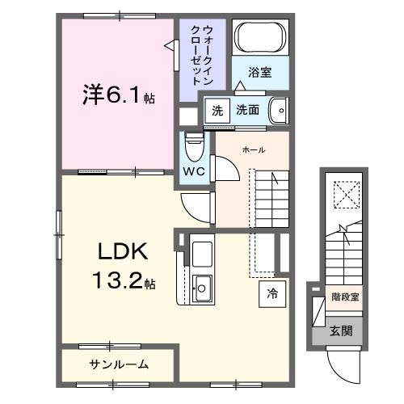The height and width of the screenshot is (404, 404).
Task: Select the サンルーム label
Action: [x=118, y=364]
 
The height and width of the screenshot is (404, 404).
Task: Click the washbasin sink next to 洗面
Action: [x=277, y=108]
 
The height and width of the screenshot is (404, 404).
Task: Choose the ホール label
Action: [x=253, y=149]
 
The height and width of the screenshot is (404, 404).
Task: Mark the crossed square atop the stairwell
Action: [x=345, y=195]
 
